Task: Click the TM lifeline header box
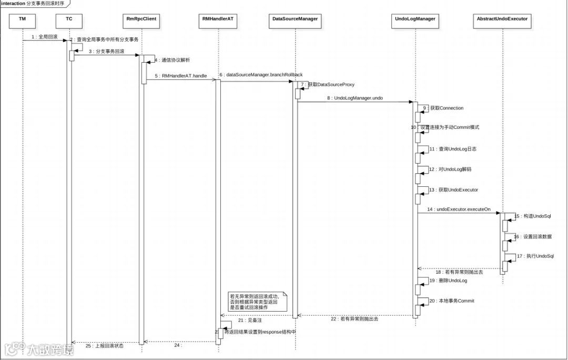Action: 23,19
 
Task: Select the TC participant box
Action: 69,19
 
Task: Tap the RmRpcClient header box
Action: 141,19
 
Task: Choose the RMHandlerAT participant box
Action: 217,19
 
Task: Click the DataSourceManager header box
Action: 295,19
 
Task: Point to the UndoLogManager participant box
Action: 415,19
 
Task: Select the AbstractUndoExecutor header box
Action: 502,19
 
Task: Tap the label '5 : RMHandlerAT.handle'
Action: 181,76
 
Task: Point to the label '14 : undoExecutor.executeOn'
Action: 459,209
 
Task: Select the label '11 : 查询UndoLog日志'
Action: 453,149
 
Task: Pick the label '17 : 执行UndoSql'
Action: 535,256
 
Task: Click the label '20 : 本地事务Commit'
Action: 452,301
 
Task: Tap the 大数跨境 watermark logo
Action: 39,349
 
